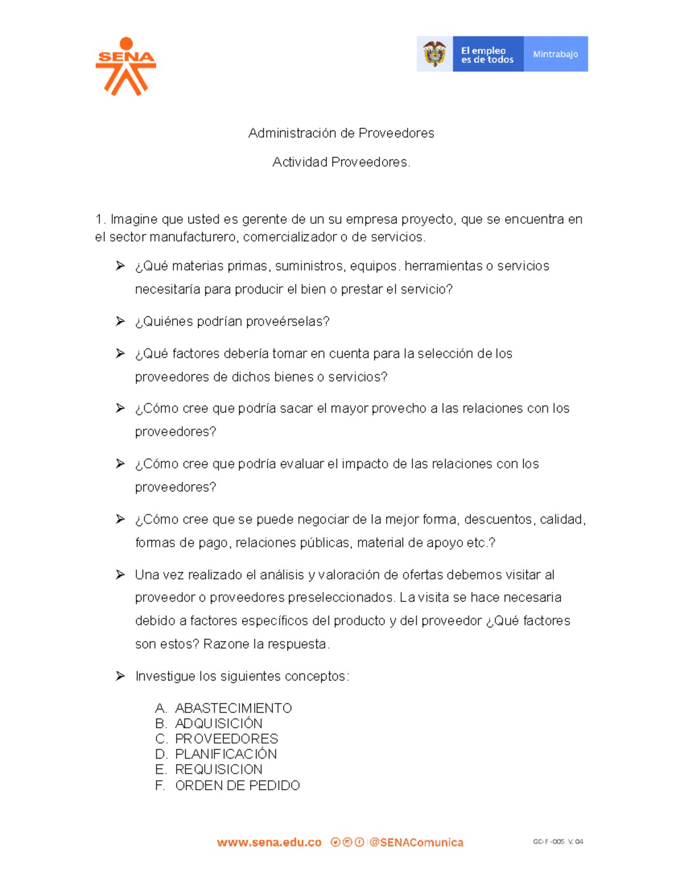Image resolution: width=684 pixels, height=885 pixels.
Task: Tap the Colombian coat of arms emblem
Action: point(434,54)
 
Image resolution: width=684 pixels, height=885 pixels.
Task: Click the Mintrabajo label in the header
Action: point(555,54)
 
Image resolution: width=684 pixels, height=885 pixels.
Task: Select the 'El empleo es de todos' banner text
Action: point(487,55)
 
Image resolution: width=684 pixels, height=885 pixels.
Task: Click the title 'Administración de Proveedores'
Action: point(341,133)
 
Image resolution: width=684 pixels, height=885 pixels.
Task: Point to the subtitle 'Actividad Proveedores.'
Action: point(341,162)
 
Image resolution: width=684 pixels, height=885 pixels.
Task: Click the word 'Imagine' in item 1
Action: point(134,219)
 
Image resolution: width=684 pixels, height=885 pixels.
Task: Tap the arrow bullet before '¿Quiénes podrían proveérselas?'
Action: point(120,321)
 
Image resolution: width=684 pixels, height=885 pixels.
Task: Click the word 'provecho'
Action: point(398,409)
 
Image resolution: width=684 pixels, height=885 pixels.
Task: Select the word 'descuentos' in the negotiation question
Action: point(498,519)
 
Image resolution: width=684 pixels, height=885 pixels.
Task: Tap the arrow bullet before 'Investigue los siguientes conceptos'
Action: point(120,676)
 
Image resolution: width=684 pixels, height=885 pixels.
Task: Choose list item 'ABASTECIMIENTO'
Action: point(233,708)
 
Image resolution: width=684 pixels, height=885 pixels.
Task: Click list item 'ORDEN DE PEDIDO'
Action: point(237,786)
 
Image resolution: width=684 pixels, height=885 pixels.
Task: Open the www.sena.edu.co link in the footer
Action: point(269,842)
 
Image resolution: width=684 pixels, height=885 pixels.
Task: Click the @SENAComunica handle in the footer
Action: point(416,842)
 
